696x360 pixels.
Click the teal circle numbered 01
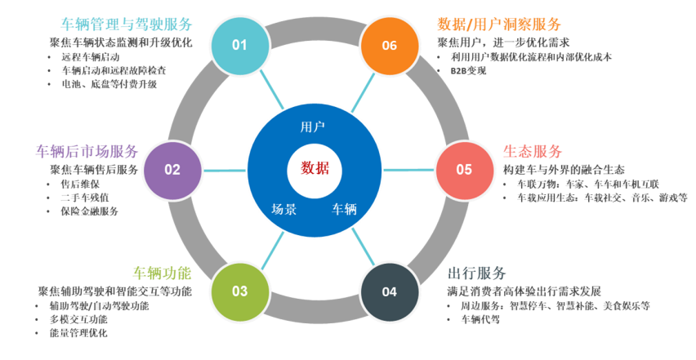click(239, 45)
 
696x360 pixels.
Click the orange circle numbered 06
click(389, 45)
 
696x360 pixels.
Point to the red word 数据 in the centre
click(315, 168)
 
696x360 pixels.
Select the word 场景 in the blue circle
click(283, 209)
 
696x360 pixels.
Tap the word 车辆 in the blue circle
click(344, 209)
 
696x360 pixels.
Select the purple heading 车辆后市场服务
click(87, 152)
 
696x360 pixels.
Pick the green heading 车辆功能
click(162, 272)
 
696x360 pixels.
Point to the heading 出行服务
click(477, 273)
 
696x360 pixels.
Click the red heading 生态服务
click(533, 152)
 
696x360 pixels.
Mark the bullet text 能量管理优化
click(78, 333)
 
